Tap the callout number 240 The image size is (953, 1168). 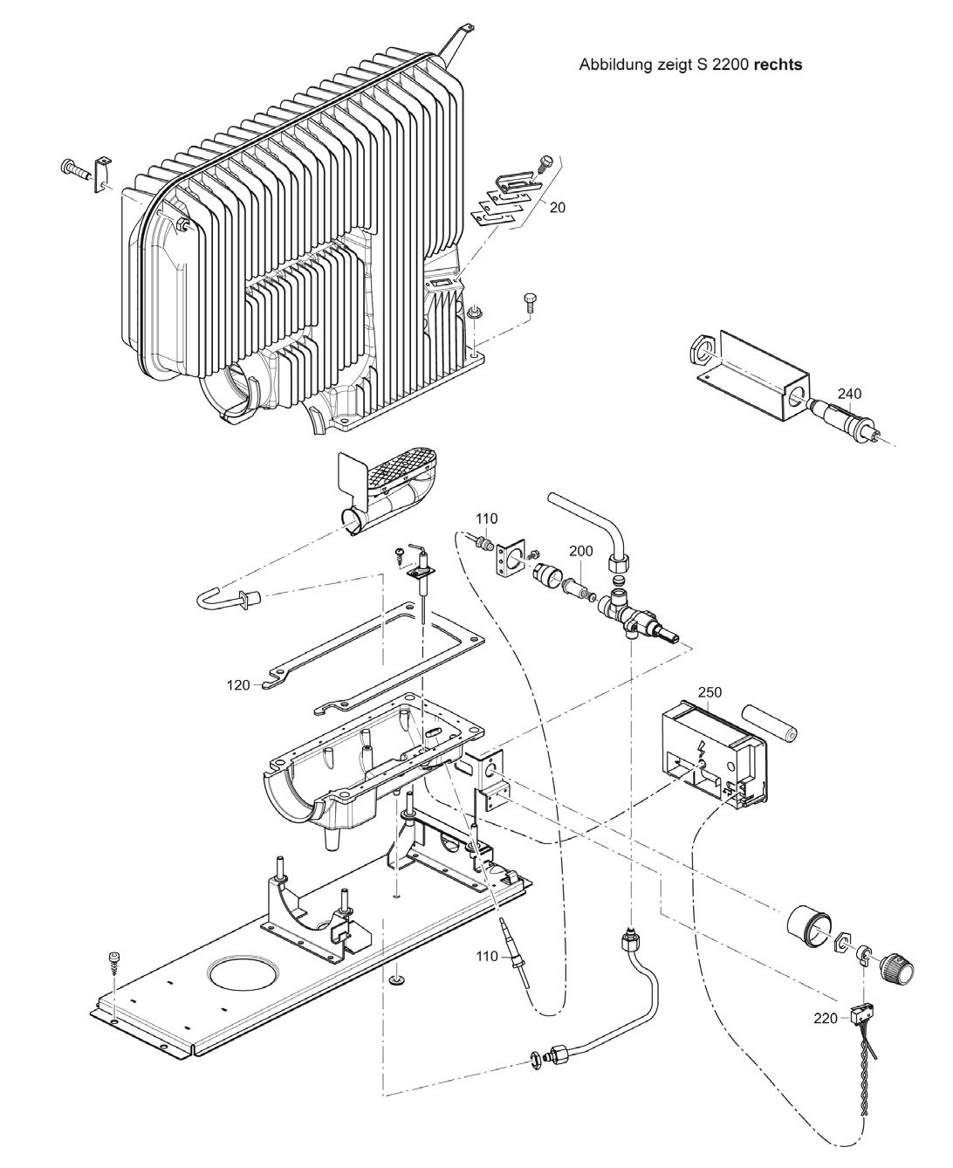tap(849, 394)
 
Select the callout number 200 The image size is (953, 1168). tap(581, 551)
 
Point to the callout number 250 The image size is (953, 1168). tap(710, 692)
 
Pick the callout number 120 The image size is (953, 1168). tap(238, 685)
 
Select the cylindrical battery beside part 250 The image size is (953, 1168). tap(770, 724)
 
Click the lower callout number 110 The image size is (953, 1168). tap(488, 957)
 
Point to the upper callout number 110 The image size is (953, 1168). tap(486, 519)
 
